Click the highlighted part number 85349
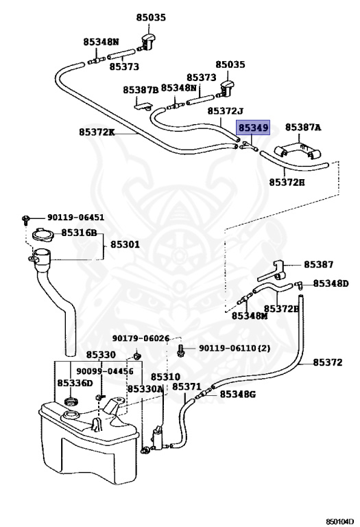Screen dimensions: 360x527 click(x=253, y=128)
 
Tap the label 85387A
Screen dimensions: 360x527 click(x=303, y=128)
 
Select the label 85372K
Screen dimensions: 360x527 click(x=97, y=132)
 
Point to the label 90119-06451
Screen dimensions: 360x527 click(x=75, y=218)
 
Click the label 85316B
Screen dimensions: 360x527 click(x=79, y=233)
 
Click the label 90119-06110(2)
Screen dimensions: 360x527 click(x=235, y=348)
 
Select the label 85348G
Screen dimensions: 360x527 click(x=237, y=394)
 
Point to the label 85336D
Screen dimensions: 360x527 click(x=75, y=383)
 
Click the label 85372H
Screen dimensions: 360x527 click(x=287, y=182)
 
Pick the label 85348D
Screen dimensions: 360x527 click(x=331, y=283)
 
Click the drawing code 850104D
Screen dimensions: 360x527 click(x=340, y=522)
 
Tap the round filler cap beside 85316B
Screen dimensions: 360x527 click(x=43, y=234)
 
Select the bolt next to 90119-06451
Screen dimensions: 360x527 click(x=25, y=219)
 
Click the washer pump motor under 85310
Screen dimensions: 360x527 click(x=157, y=438)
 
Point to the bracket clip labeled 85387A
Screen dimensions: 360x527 click(x=298, y=150)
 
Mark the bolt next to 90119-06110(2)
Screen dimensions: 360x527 click(x=180, y=350)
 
